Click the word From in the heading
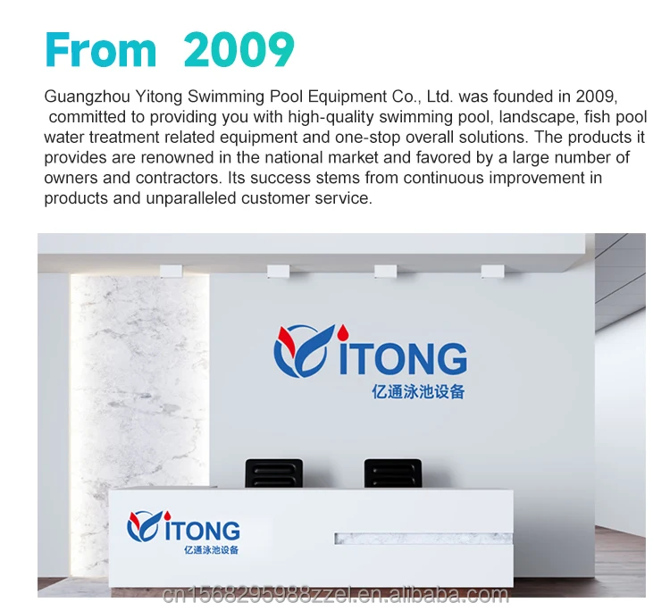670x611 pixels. tap(100, 49)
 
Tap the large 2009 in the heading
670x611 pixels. tap(239, 49)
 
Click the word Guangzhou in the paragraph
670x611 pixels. tap(88, 97)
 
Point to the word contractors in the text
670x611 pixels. tap(179, 178)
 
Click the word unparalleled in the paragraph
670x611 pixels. tap(190, 198)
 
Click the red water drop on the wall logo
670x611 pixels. tap(343, 331)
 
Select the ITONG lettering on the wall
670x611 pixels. tap(403, 358)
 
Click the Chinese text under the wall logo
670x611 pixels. tap(418, 391)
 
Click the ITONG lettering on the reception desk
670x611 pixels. tap(202, 531)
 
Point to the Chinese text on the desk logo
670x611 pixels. tap(211, 550)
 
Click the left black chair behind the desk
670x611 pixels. tap(274, 473)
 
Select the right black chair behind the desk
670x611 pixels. tap(393, 473)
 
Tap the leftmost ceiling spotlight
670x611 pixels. tap(172, 271)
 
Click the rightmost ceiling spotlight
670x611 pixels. tap(492, 271)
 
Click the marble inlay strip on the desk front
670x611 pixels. tap(423, 539)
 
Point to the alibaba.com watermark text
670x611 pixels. tap(336, 595)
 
